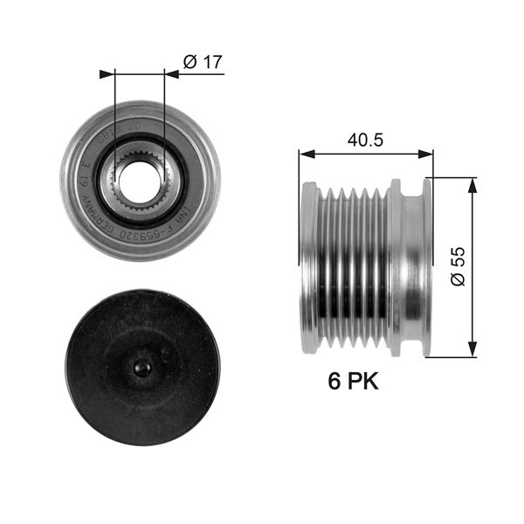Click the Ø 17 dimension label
coord(203,61)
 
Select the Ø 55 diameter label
coord(459,266)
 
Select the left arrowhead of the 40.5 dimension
coord(305,154)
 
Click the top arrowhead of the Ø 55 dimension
coord(472,183)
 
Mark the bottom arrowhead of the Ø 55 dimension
coord(472,351)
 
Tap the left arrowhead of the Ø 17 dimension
coord(107,74)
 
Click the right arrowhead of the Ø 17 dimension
coord(171,74)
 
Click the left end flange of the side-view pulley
coord(309,266)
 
